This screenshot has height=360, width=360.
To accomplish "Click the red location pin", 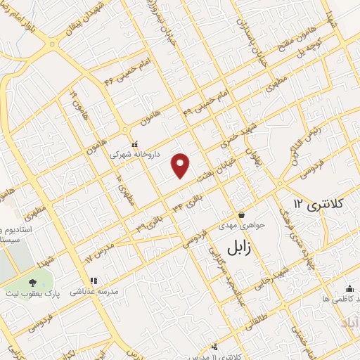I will (181, 165).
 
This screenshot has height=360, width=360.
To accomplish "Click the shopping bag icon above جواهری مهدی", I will (242, 214).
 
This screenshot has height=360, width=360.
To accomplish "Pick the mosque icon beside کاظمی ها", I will (349, 288).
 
